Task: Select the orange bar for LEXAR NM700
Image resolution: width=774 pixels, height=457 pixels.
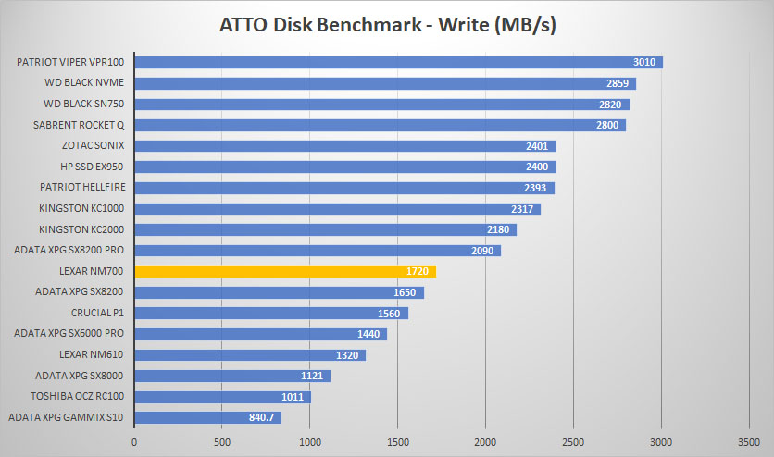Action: click(x=285, y=271)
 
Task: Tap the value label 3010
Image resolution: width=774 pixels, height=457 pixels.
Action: click(x=644, y=62)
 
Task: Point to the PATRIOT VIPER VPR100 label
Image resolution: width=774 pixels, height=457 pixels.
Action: click(x=70, y=62)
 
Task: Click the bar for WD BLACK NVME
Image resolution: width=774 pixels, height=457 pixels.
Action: click(x=385, y=83)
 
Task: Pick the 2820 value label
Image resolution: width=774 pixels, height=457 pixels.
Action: click(x=610, y=105)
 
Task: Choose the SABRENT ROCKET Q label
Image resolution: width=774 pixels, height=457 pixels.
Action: click(x=79, y=125)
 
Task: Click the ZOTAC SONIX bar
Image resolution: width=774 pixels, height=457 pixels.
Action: click(x=345, y=146)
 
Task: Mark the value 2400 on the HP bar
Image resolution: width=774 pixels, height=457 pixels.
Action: click(x=537, y=167)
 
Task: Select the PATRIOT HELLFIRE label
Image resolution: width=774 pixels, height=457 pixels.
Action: click(x=82, y=188)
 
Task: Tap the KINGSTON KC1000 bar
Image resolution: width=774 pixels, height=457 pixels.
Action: click(x=338, y=208)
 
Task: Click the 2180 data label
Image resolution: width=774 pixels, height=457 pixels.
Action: click(x=498, y=229)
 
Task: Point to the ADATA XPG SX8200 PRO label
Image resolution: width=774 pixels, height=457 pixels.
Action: click(x=69, y=250)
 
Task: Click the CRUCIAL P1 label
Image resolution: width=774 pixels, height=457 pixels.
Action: click(x=97, y=313)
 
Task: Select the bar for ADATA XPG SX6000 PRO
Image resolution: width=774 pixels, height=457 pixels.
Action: click(x=261, y=334)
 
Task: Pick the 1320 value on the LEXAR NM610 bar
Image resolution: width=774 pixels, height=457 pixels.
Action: click(x=347, y=355)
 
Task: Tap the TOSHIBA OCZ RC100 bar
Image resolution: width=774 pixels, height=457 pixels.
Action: click(x=223, y=397)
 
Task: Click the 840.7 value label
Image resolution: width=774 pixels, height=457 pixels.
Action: click(x=261, y=417)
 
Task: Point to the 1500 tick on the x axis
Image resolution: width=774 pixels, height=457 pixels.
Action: click(x=397, y=442)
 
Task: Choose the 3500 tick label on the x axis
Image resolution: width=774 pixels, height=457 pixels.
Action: click(x=749, y=442)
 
